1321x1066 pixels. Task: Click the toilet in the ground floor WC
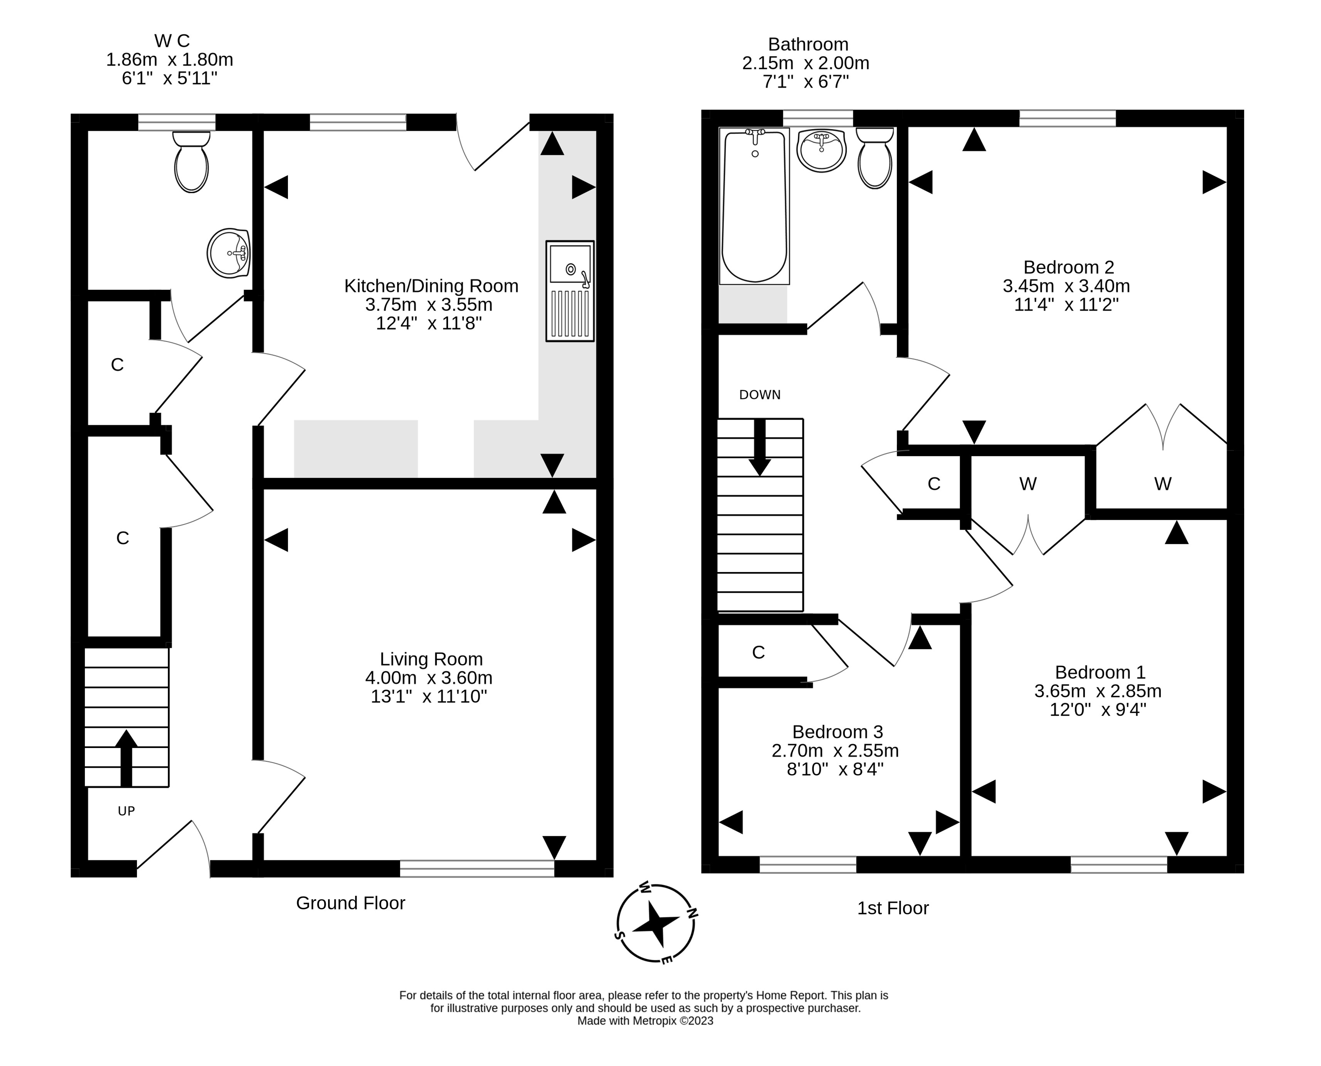[191, 161]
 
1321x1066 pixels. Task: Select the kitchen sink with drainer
[570, 291]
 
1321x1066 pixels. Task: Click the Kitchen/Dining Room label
[431, 286]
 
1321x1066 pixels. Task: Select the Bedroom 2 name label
[1068, 268]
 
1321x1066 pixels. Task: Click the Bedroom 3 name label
[837, 732]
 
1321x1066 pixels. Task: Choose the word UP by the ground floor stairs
[127, 811]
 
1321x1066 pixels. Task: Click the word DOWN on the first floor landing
[760, 395]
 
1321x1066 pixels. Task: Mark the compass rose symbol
[656, 923]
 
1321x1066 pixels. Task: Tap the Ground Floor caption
[350, 903]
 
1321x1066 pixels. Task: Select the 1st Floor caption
[893, 908]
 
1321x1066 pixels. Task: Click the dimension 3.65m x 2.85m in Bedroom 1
[1098, 691]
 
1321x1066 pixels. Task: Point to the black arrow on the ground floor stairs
[127, 758]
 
